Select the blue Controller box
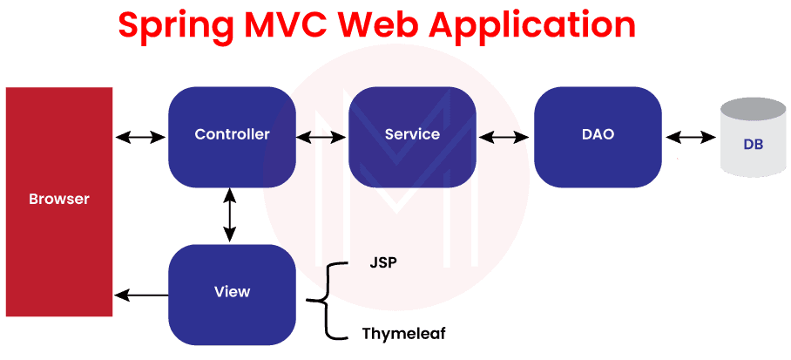(x=231, y=136)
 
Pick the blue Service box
(x=412, y=136)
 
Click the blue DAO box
(x=598, y=136)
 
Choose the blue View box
(x=231, y=293)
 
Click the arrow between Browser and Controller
(x=140, y=137)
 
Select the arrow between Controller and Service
(x=321, y=137)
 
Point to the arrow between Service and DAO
(x=504, y=137)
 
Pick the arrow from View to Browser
(x=140, y=295)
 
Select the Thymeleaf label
(x=404, y=333)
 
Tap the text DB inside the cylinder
(x=754, y=145)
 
